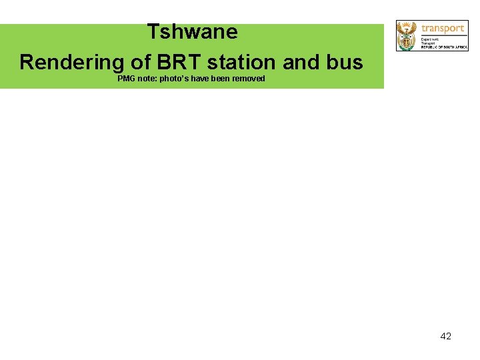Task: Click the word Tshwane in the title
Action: (x=192, y=32)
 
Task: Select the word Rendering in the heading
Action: (x=71, y=63)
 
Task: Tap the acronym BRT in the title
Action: (x=177, y=63)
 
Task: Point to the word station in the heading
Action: (x=243, y=63)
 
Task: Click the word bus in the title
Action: (x=344, y=63)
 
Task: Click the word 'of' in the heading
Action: (x=140, y=63)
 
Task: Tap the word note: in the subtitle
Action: (x=147, y=79)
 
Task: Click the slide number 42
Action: (x=446, y=336)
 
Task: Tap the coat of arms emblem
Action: (x=406, y=35)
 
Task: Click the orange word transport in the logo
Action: (x=442, y=28)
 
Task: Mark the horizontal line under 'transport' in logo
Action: (x=442, y=35)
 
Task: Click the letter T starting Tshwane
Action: (x=153, y=32)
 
